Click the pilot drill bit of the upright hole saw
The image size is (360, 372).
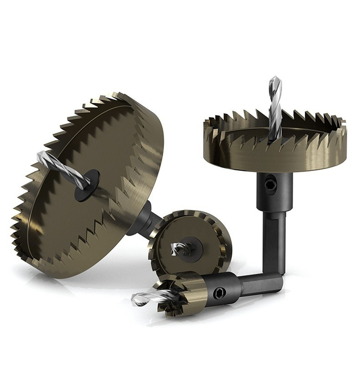click(x=275, y=110)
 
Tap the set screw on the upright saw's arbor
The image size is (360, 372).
click(x=269, y=185)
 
